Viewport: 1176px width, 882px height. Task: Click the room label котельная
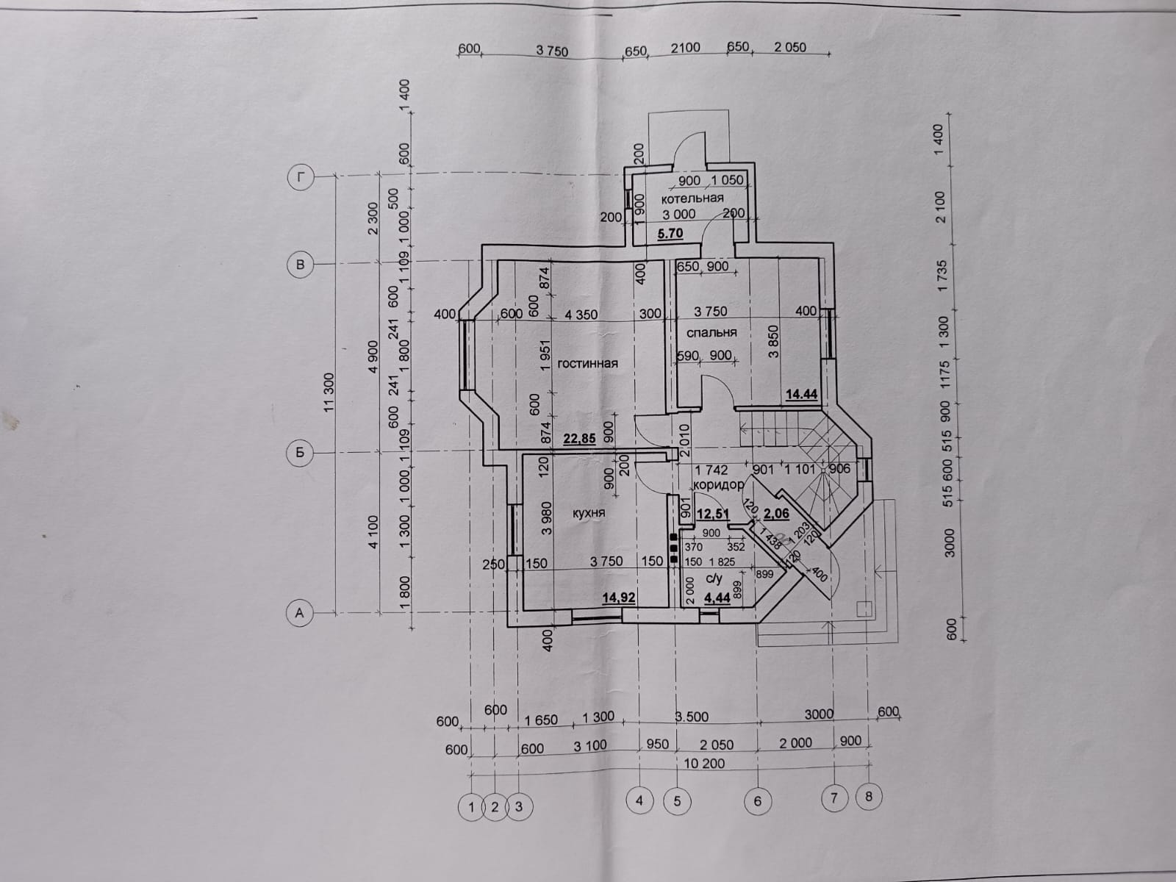(x=692, y=198)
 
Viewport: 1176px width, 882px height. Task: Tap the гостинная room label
(x=588, y=364)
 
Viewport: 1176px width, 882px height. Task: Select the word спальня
(x=711, y=332)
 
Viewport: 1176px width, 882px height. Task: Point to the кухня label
(x=589, y=512)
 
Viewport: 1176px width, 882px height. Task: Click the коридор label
(x=718, y=484)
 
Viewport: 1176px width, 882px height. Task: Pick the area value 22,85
(x=579, y=439)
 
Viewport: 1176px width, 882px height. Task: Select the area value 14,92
(x=619, y=598)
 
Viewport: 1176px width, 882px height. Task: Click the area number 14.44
(x=801, y=395)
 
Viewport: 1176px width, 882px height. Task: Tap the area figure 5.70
(x=670, y=234)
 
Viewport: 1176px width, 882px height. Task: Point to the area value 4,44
(x=717, y=598)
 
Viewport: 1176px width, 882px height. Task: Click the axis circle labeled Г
(x=301, y=179)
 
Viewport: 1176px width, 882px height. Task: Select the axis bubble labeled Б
(x=300, y=453)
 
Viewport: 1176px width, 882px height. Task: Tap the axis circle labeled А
(x=299, y=613)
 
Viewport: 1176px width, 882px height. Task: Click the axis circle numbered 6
(x=758, y=802)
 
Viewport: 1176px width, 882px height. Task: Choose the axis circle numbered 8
(x=869, y=796)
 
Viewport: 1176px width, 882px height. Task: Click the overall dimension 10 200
(x=705, y=764)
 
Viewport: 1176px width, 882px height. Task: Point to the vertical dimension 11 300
(x=329, y=392)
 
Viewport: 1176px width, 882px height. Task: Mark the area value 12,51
(x=712, y=514)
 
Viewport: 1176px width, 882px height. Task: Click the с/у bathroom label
(x=714, y=579)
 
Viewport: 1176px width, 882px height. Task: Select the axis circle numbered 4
(x=639, y=801)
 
